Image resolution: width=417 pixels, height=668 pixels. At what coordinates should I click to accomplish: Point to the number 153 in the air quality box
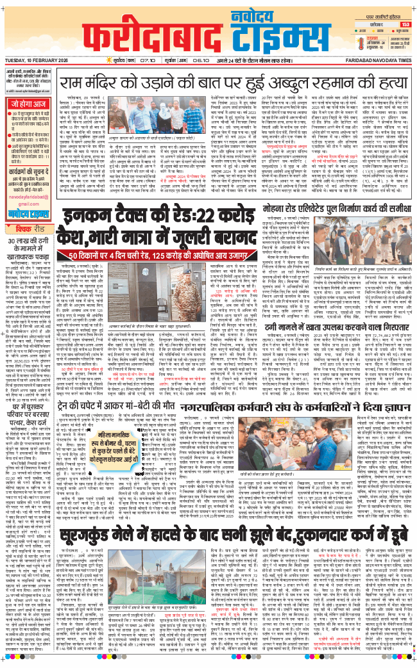[405, 25]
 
